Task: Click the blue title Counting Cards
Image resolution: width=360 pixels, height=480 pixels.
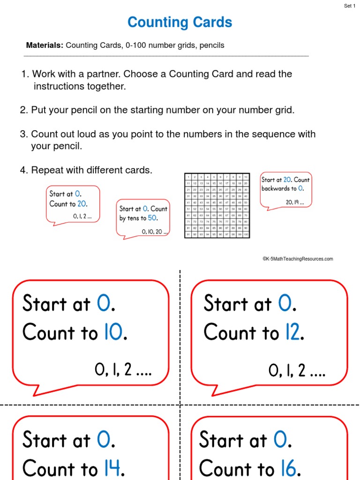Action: tap(180, 22)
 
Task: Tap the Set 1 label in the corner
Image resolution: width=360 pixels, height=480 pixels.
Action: tap(350, 6)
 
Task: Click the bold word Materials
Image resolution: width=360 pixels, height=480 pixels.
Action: tap(45, 45)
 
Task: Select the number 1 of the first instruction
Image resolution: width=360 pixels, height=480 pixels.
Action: tap(24, 74)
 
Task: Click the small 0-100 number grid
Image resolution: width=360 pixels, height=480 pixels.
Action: tap(217, 205)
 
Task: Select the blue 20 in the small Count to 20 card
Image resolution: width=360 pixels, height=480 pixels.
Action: tap(82, 204)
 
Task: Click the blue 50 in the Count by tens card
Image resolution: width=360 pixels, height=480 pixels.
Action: tap(152, 218)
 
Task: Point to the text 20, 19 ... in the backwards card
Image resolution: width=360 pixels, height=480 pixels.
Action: tap(295, 202)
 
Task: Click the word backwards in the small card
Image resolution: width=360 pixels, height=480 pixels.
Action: tap(275, 188)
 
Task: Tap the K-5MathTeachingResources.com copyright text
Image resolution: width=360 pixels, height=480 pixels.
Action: tap(298, 259)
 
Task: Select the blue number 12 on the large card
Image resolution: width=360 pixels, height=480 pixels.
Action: tap(292, 333)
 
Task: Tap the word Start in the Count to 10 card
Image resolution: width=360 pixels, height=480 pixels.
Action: tap(45, 304)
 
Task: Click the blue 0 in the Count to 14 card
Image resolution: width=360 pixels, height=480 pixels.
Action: tap(105, 440)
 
